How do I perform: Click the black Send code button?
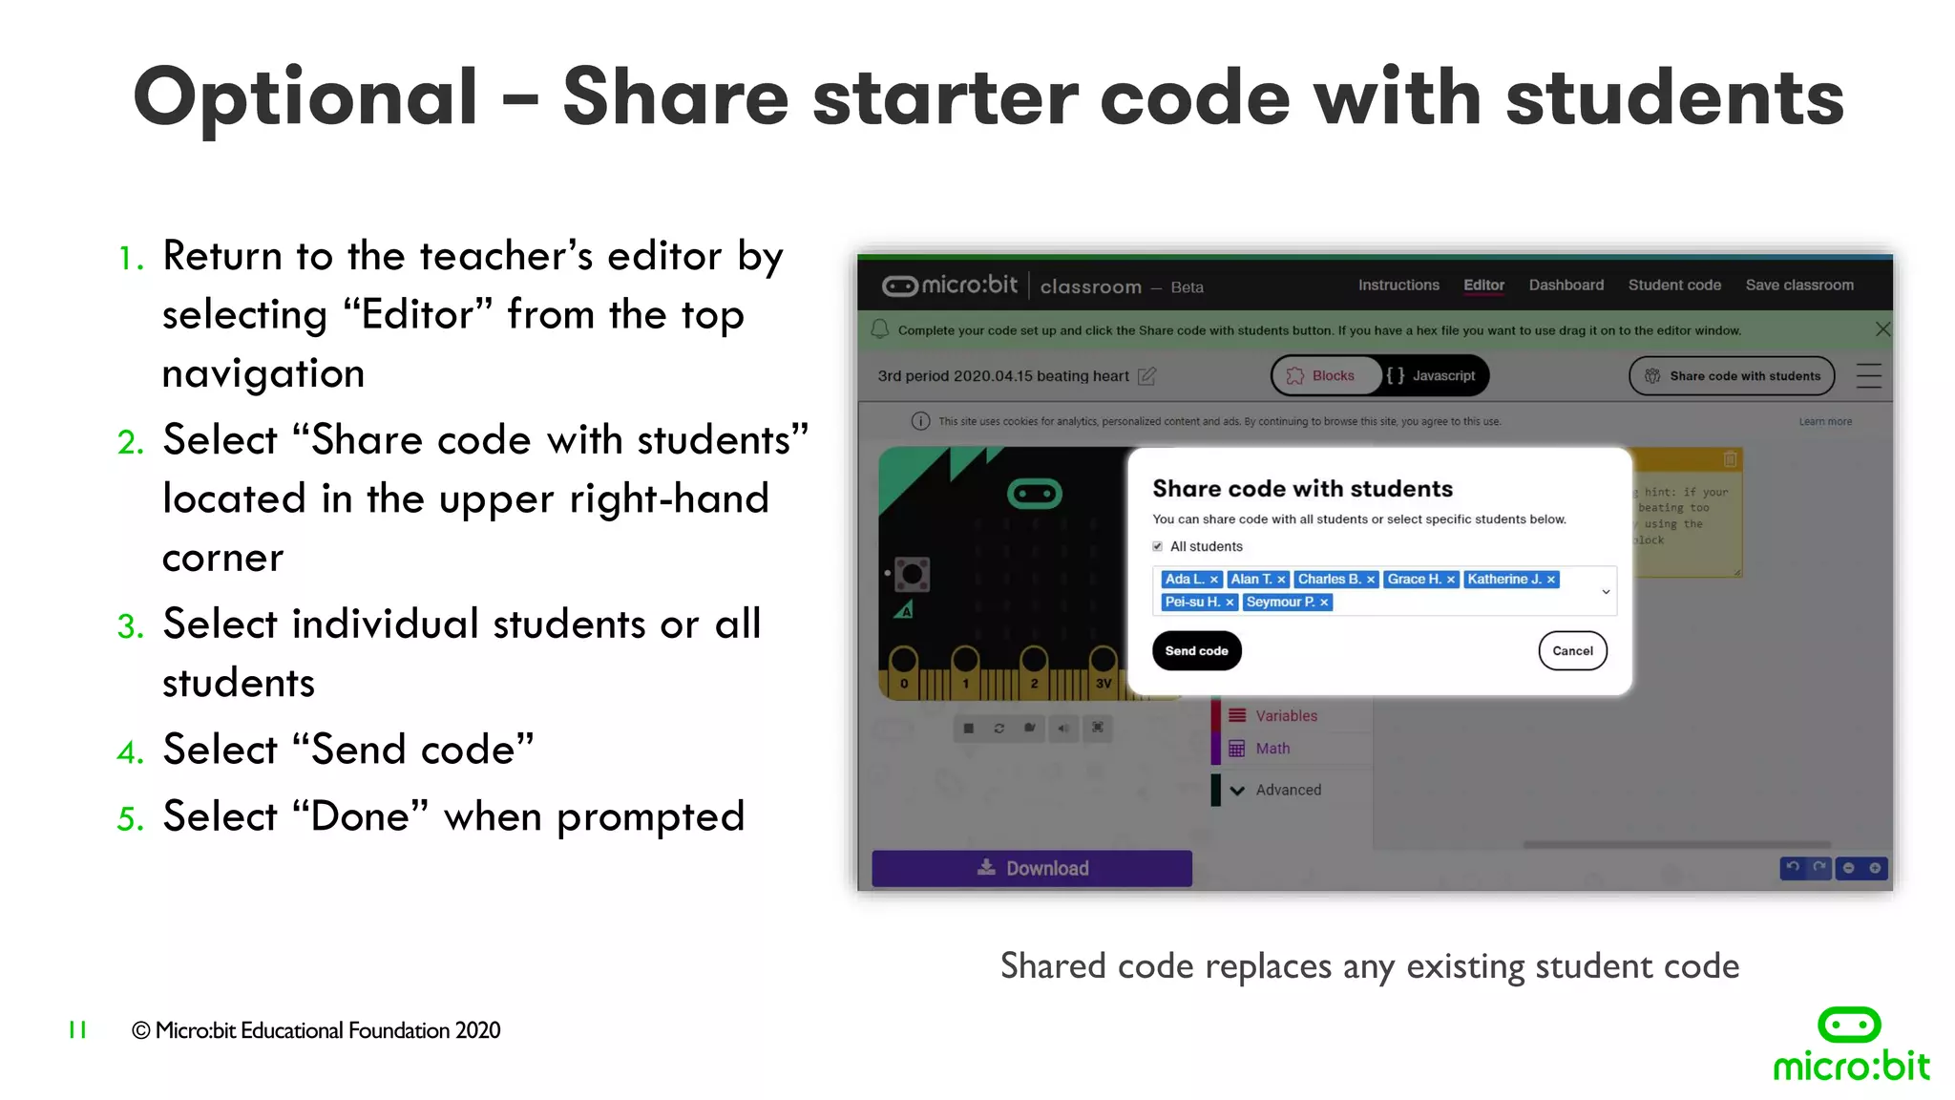pos(1196,651)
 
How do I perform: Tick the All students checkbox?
pos(1158,547)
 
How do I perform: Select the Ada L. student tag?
pos(1184,580)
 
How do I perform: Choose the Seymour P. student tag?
pos(1280,603)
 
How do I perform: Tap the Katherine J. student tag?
pos(1503,580)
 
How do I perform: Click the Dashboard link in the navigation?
pos(1566,286)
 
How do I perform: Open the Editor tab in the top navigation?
pos(1483,286)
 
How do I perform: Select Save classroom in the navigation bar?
pos(1799,286)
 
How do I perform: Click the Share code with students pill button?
pos(1732,376)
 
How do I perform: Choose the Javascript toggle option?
pos(1432,376)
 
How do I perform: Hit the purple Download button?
pos(1032,868)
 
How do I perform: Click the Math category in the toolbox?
pos(1272,749)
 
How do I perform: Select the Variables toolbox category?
pos(1286,716)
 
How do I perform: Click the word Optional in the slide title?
pos(305,97)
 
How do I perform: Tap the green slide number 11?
pos(77,1029)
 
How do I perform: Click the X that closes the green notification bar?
pos(1882,329)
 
